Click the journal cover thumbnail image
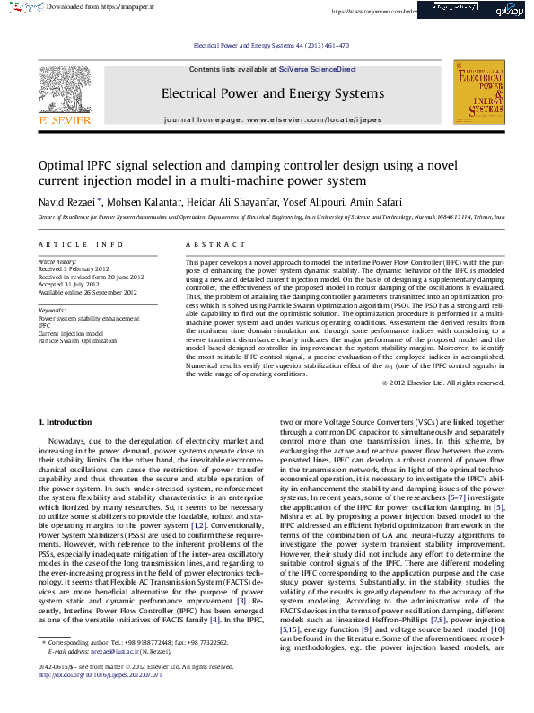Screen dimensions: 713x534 tap(478, 92)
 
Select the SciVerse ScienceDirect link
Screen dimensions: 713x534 tap(317, 69)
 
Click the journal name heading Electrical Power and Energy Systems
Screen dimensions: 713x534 tap(272, 93)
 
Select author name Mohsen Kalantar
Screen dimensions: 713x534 tap(138, 201)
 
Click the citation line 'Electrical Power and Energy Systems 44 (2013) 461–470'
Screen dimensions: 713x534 tap(271, 45)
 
